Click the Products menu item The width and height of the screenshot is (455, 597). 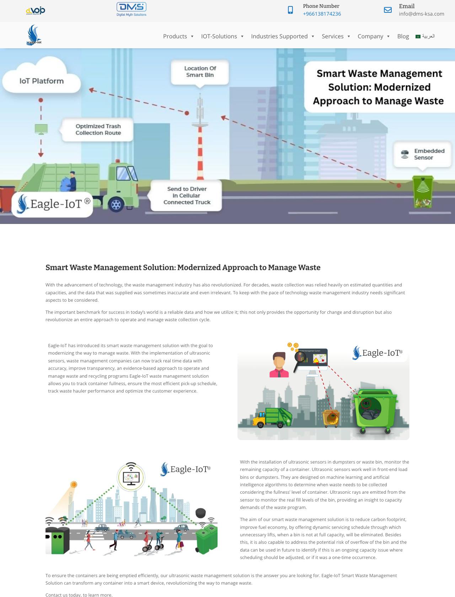pos(175,36)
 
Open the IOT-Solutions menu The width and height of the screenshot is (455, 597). pos(219,36)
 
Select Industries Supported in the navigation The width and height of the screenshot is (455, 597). pos(279,36)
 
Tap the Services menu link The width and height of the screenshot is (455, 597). pos(332,36)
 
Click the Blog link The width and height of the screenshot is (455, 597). pos(403,36)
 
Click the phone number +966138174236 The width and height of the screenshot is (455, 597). pos(322,14)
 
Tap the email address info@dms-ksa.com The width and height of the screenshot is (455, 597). pos(421,14)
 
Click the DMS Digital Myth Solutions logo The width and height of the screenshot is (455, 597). pos(132,9)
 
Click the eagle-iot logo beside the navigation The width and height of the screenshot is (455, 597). pos(34,35)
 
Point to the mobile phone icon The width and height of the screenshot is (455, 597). pos(290,10)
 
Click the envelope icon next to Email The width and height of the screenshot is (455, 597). pos(388,10)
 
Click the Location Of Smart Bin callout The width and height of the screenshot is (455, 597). pos(200,72)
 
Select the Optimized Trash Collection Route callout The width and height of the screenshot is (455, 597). pos(98,130)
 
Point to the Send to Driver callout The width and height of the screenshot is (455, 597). pos(187,196)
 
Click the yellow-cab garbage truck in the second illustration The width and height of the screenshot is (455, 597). pos(272,417)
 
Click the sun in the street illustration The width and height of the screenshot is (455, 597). pos(74,484)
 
